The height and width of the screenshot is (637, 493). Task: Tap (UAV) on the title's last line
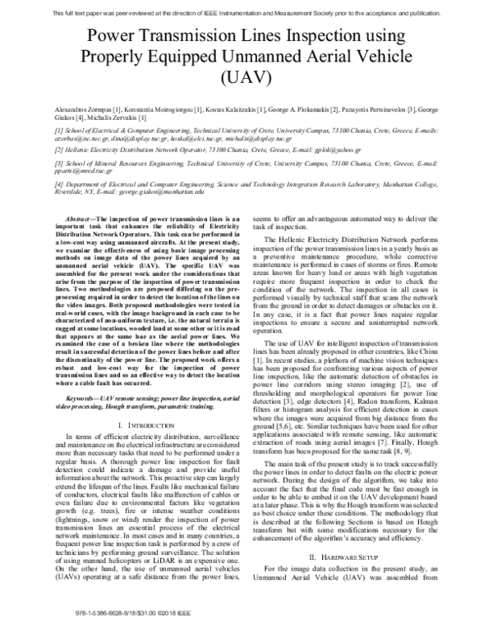pos(246,79)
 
